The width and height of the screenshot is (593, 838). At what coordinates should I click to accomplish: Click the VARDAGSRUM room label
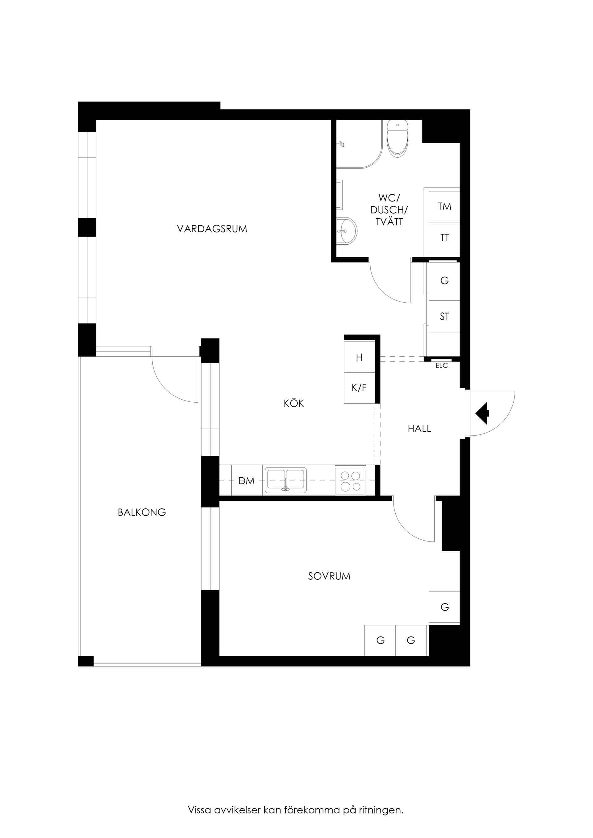[x=212, y=229]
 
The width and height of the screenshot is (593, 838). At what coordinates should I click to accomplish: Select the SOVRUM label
[x=329, y=576]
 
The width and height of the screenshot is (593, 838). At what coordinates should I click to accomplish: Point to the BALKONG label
[x=142, y=512]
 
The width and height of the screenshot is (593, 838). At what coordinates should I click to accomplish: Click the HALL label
[x=419, y=429]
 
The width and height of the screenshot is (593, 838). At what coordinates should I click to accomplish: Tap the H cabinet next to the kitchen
[x=360, y=357]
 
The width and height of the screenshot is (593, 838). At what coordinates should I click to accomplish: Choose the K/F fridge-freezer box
[x=360, y=388]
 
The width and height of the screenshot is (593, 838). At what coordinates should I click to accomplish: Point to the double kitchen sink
[x=286, y=480]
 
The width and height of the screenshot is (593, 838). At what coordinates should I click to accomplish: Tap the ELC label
[x=442, y=365]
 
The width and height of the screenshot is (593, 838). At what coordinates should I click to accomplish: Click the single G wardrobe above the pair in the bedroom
[x=444, y=607]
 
